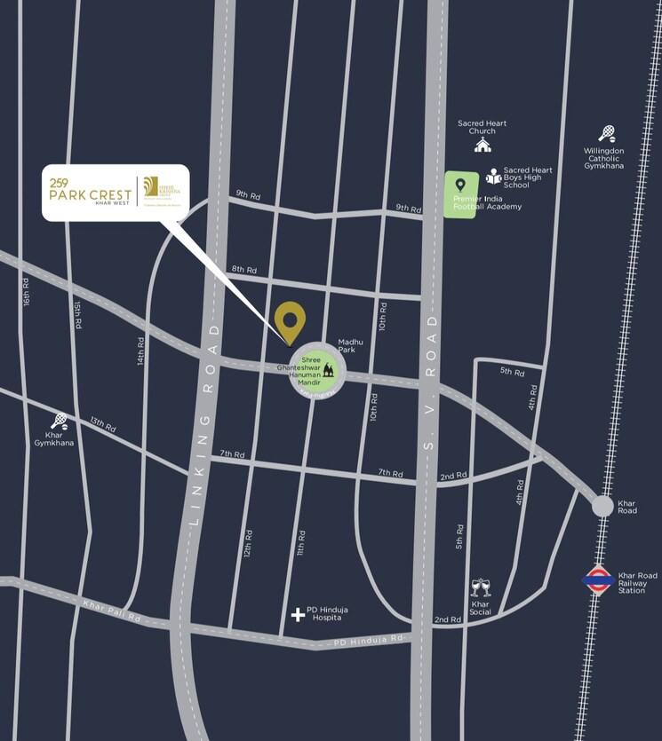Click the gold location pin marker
(x=290, y=320)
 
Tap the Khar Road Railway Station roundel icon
(x=597, y=580)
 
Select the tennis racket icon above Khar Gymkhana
(x=59, y=421)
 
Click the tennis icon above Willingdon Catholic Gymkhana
(x=607, y=133)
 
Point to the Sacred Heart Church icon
(x=483, y=145)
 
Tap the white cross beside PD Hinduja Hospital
(x=298, y=614)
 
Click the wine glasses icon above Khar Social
(x=481, y=587)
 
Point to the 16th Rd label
(x=27, y=293)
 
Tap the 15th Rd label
(x=78, y=315)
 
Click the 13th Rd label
(x=102, y=426)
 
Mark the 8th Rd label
(x=243, y=269)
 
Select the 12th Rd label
(x=249, y=543)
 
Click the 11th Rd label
(x=302, y=544)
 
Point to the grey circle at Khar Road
(x=602, y=506)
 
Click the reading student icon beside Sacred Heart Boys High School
(x=493, y=177)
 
